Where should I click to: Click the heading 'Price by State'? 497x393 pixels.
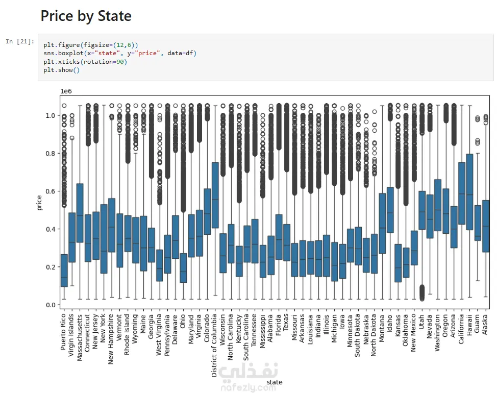click(x=86, y=16)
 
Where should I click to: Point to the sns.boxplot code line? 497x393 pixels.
click(x=119, y=53)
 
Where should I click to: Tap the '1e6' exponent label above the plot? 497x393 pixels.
click(x=66, y=91)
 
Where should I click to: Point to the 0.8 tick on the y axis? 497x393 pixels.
click(x=49, y=153)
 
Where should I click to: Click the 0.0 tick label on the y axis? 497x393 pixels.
click(x=49, y=305)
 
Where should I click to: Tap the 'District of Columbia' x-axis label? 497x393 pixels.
click(x=215, y=344)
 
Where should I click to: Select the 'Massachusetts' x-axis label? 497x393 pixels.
click(x=80, y=337)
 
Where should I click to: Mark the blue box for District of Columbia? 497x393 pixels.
click(x=215, y=195)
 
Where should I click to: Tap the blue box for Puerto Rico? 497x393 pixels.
click(x=64, y=271)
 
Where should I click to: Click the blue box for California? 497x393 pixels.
click(x=461, y=193)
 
